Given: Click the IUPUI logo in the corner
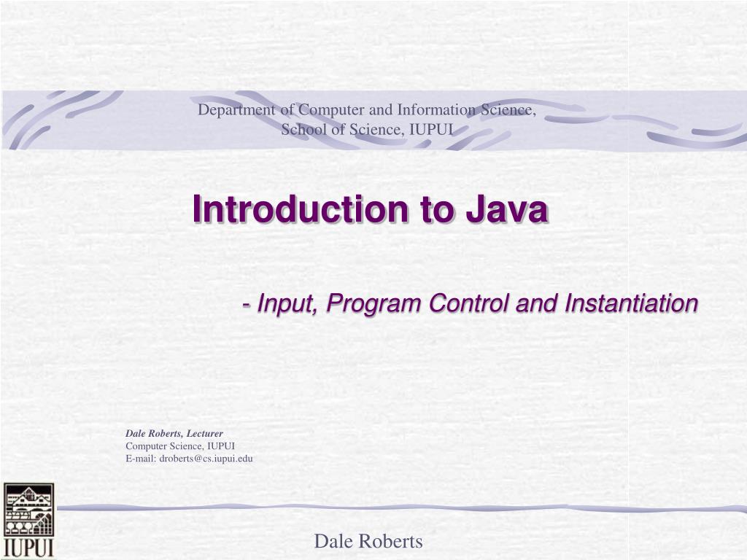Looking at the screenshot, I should [x=28, y=520].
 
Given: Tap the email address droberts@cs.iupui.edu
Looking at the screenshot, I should [x=206, y=459].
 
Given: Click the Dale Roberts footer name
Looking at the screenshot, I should [x=368, y=541].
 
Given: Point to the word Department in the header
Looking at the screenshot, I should [x=238, y=110].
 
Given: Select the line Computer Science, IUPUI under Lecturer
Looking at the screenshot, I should [x=180, y=446].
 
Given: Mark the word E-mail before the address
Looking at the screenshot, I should [x=141, y=459].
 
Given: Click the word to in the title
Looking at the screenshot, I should [x=433, y=210].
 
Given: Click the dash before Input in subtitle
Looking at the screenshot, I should [x=248, y=304].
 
